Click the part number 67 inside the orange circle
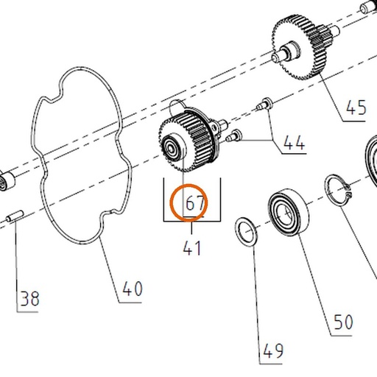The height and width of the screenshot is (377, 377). [x=195, y=202]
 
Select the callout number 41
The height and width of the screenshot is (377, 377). [x=192, y=248]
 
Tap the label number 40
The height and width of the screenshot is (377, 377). [x=133, y=289]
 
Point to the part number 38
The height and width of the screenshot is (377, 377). [x=29, y=298]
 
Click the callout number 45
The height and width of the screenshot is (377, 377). [x=356, y=108]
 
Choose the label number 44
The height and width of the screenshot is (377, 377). [x=295, y=143]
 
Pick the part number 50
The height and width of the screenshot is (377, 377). [x=343, y=322]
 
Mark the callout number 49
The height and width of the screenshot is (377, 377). [x=273, y=350]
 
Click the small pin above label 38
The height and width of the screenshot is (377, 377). [x=15, y=216]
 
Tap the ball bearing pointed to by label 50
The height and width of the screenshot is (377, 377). [x=289, y=213]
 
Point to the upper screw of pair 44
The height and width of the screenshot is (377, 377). [x=264, y=104]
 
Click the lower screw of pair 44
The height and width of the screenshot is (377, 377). [x=233, y=135]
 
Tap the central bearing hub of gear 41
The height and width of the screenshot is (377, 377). [x=172, y=147]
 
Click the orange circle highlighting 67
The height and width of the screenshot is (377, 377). [x=189, y=202]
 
